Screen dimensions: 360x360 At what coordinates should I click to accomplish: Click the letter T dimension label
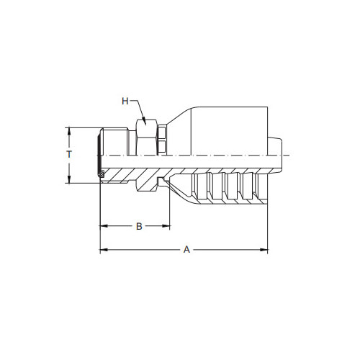point(68,155)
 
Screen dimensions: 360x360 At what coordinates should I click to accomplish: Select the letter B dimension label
point(140,227)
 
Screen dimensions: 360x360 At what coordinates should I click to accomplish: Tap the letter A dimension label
point(186,249)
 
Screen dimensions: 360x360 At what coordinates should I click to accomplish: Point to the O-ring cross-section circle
point(102,174)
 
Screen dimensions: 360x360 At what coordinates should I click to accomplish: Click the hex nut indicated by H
point(148,137)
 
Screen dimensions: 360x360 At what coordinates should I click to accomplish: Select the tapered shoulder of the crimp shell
point(180,122)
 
